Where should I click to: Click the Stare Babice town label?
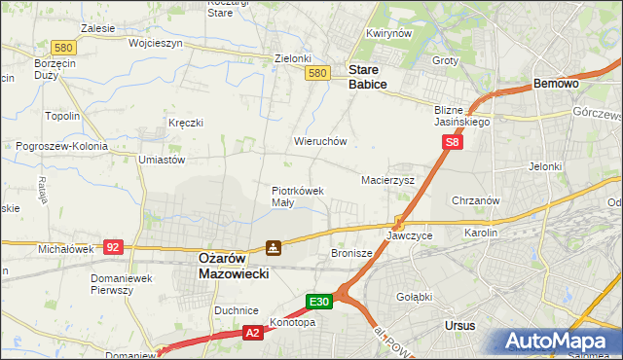tap(368, 78)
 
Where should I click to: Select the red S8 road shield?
tap(452, 142)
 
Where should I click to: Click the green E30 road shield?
tap(321, 302)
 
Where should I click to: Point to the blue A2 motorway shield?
tap(251, 333)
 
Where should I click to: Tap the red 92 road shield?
tap(114, 247)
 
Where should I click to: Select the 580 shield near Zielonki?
tap(316, 73)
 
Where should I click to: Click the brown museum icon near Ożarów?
tap(275, 248)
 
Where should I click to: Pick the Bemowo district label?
tap(557, 85)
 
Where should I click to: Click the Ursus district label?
tap(458, 326)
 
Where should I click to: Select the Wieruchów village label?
tap(320, 141)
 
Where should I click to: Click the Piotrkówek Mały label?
tap(297, 197)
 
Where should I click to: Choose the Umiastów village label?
tap(163, 160)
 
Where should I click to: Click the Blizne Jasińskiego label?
tap(461, 117)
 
